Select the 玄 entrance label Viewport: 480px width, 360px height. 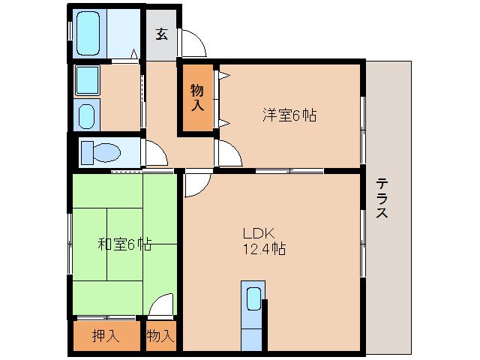point(161,34)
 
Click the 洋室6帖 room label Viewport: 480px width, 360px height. point(289,115)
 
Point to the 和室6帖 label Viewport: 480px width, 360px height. point(124,244)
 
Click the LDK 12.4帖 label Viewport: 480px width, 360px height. point(262,240)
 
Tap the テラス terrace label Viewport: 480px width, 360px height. point(382,198)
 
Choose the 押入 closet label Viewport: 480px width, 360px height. point(106,335)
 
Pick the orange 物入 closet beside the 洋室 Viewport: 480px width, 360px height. point(197,98)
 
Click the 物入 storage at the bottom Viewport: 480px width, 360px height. point(160,335)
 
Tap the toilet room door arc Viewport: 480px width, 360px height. point(156,154)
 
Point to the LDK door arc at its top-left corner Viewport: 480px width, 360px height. point(193,184)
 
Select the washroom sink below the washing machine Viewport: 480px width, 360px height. point(87,116)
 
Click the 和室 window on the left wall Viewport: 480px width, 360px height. point(70,244)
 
